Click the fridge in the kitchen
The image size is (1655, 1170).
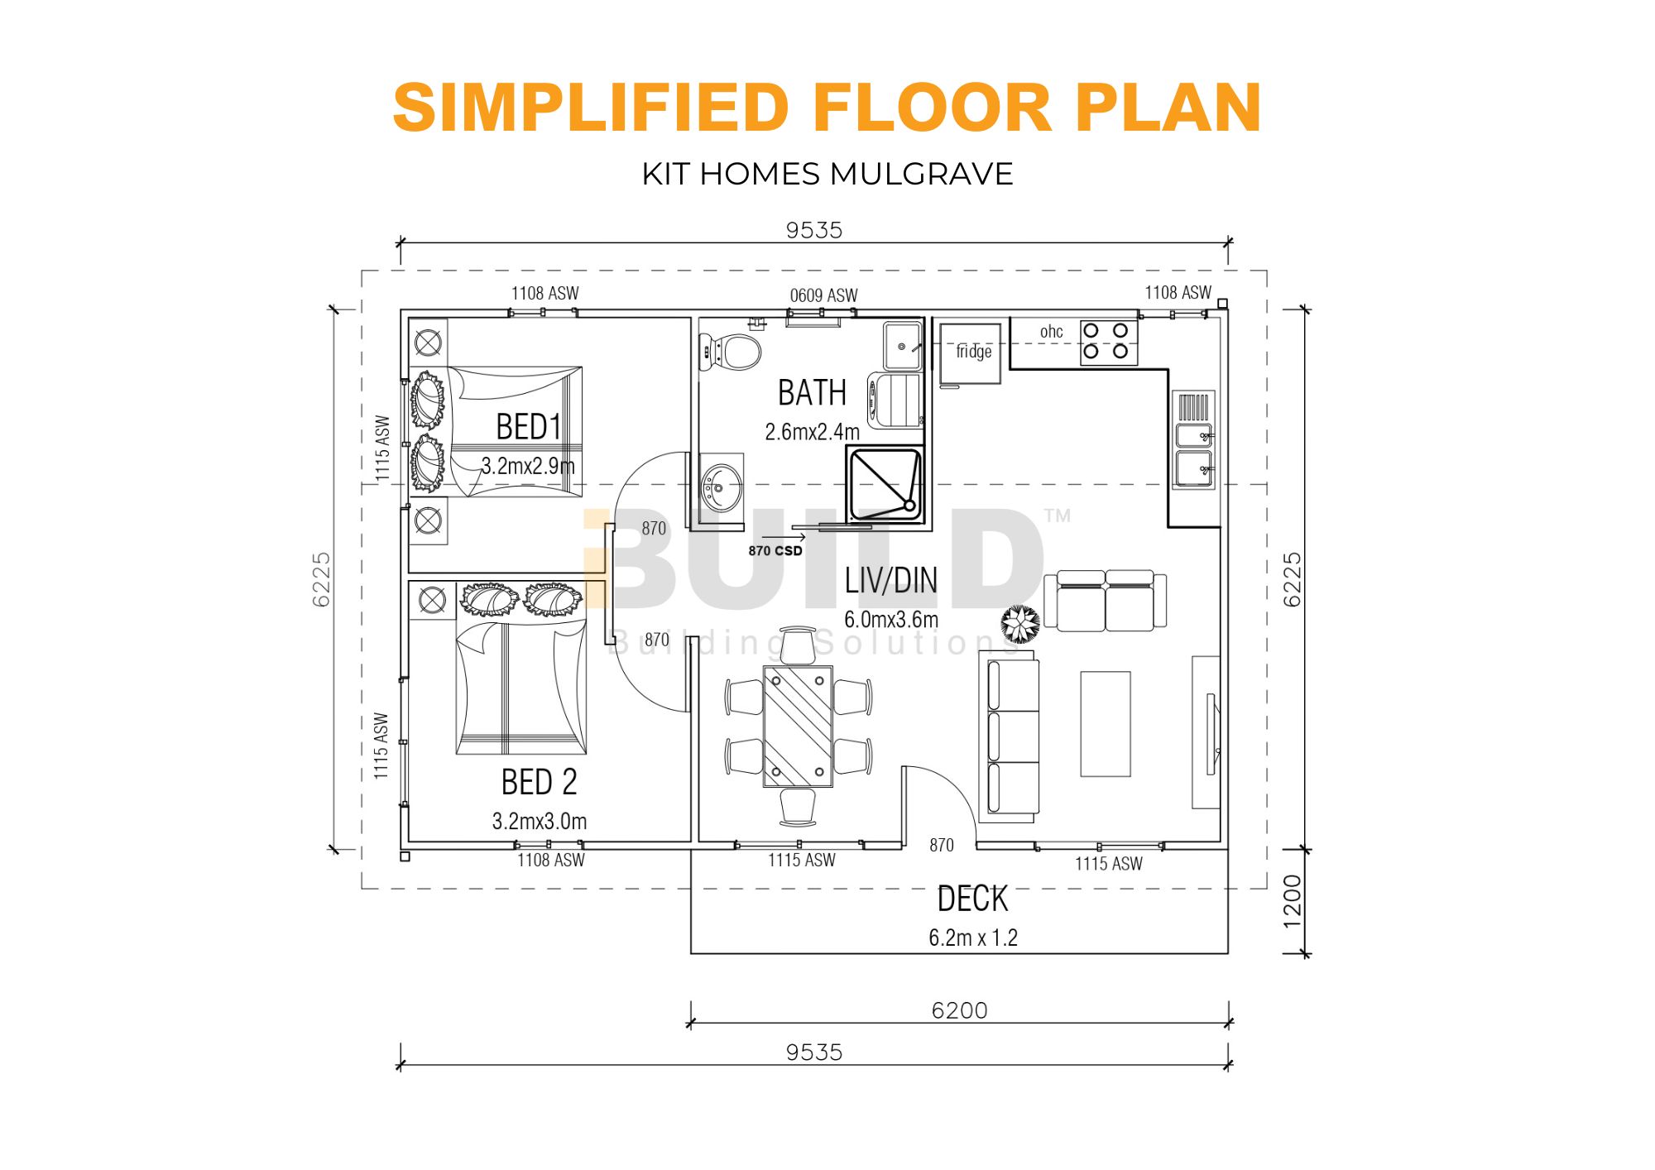click(970, 354)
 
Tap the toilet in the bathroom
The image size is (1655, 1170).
click(730, 351)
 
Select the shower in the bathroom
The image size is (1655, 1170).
click(885, 485)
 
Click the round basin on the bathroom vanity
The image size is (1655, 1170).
click(720, 489)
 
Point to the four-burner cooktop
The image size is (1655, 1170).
click(1106, 341)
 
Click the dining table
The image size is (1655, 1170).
click(798, 726)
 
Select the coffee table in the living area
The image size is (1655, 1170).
click(1106, 724)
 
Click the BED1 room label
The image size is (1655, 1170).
click(529, 427)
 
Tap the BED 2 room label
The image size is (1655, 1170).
click(539, 782)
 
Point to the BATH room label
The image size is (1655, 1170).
click(812, 392)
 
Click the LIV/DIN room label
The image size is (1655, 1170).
click(891, 581)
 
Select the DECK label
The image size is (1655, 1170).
click(972, 899)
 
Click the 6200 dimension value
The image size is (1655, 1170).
click(959, 1010)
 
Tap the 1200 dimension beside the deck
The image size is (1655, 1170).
click(1292, 902)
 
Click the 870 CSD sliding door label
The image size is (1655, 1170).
click(775, 551)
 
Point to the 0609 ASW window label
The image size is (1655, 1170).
click(823, 295)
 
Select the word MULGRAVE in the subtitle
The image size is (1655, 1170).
click(921, 174)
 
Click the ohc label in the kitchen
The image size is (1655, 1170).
click(1051, 332)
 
